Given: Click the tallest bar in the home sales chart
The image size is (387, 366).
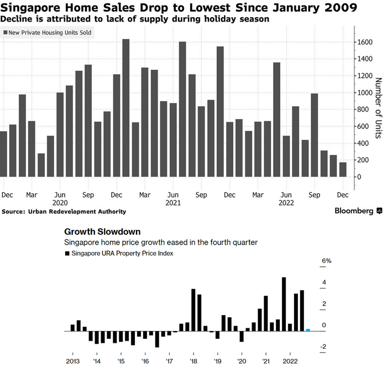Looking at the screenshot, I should coord(126,108).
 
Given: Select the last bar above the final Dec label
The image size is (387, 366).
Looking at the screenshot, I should coord(343,169).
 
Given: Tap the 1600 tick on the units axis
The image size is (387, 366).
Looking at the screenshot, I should coord(364,42).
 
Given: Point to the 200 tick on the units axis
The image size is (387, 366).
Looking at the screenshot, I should coord(362,160).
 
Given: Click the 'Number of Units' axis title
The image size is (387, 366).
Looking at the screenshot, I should coord(379,109).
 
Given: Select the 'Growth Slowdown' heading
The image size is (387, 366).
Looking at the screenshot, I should coord(102,231).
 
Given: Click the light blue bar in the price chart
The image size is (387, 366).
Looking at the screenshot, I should coord(308,330).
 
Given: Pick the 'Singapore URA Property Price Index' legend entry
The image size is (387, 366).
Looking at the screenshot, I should coord(119,253).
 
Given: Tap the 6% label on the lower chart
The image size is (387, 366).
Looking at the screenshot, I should coord(326,261).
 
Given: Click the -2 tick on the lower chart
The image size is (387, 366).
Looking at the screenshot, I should coord(323,347).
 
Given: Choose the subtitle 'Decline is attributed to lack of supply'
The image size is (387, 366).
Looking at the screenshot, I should coord(94,19).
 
